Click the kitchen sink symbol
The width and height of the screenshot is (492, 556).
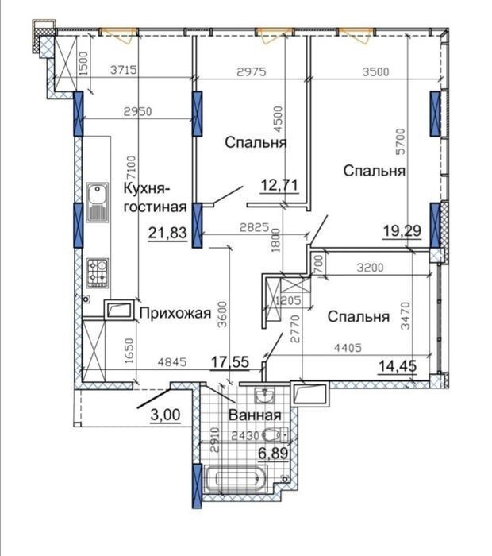point(97,203)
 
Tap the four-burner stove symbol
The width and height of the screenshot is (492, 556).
point(98,273)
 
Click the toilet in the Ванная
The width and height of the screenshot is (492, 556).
point(276,434)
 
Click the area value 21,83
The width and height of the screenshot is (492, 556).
point(167,234)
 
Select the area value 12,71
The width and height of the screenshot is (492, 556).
point(279,185)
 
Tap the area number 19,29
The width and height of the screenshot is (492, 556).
point(402,231)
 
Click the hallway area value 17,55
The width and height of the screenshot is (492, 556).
point(230,362)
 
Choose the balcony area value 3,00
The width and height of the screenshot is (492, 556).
point(165,415)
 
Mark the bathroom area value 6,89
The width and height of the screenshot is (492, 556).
point(273,453)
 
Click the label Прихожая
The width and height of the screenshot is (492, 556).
point(175,313)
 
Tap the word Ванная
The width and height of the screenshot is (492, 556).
point(255,415)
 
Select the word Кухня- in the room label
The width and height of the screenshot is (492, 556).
point(147,189)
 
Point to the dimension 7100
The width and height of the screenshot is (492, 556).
point(132,167)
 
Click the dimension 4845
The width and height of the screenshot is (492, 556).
point(172,362)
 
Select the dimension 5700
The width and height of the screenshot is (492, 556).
point(401,141)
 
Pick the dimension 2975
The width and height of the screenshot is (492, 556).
point(252,72)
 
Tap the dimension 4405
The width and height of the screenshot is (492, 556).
point(348,348)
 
